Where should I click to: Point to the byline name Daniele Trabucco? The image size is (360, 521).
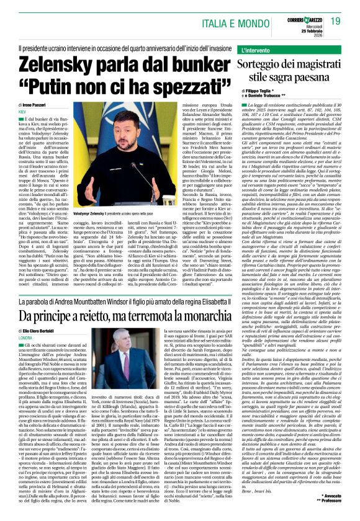tap(259, 97)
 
